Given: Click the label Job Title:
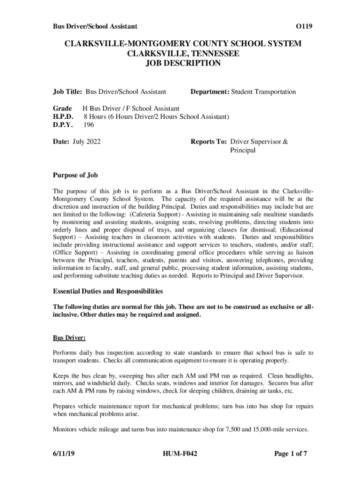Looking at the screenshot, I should [x=67, y=92].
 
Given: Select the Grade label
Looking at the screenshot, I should [x=62, y=109].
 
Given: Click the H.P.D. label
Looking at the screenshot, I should [x=64, y=116].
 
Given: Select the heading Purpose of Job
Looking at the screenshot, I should [x=75, y=175].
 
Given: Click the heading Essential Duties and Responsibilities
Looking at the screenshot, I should [x=108, y=291].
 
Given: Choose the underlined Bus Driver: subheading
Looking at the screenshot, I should [x=69, y=337].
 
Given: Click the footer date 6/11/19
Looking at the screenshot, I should [x=64, y=453].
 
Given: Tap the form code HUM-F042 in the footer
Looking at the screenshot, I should [x=180, y=453].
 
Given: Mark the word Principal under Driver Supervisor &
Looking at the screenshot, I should [x=243, y=151].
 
